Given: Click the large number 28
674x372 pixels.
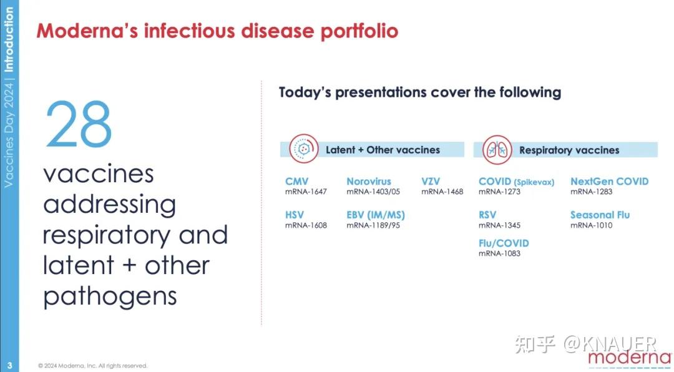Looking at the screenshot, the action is [78, 124].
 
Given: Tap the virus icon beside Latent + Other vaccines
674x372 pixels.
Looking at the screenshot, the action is [303, 149].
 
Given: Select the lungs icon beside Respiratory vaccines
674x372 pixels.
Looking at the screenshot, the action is [497, 150].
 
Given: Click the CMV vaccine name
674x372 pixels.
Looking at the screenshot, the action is [296, 182].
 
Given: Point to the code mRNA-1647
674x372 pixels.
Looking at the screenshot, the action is [306, 192].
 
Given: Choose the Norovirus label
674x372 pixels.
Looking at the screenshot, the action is [369, 182].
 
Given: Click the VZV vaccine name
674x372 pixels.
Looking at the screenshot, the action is [430, 182].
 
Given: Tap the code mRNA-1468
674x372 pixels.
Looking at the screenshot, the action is [442, 192].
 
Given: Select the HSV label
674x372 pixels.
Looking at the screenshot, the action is [295, 215].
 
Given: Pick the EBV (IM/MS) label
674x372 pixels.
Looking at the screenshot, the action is [376, 215].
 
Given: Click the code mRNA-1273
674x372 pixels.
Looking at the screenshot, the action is [499, 192].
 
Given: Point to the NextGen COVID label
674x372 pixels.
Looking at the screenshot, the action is [610, 182].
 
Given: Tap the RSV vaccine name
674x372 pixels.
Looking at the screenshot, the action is [487, 215].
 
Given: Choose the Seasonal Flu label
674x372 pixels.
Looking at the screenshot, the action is [600, 215].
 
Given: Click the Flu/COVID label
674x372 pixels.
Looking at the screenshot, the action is [504, 243].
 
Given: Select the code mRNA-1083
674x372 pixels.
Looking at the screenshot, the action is [499, 254].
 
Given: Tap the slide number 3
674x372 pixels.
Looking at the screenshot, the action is [9, 365].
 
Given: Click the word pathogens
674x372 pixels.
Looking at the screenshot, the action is [110, 296].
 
